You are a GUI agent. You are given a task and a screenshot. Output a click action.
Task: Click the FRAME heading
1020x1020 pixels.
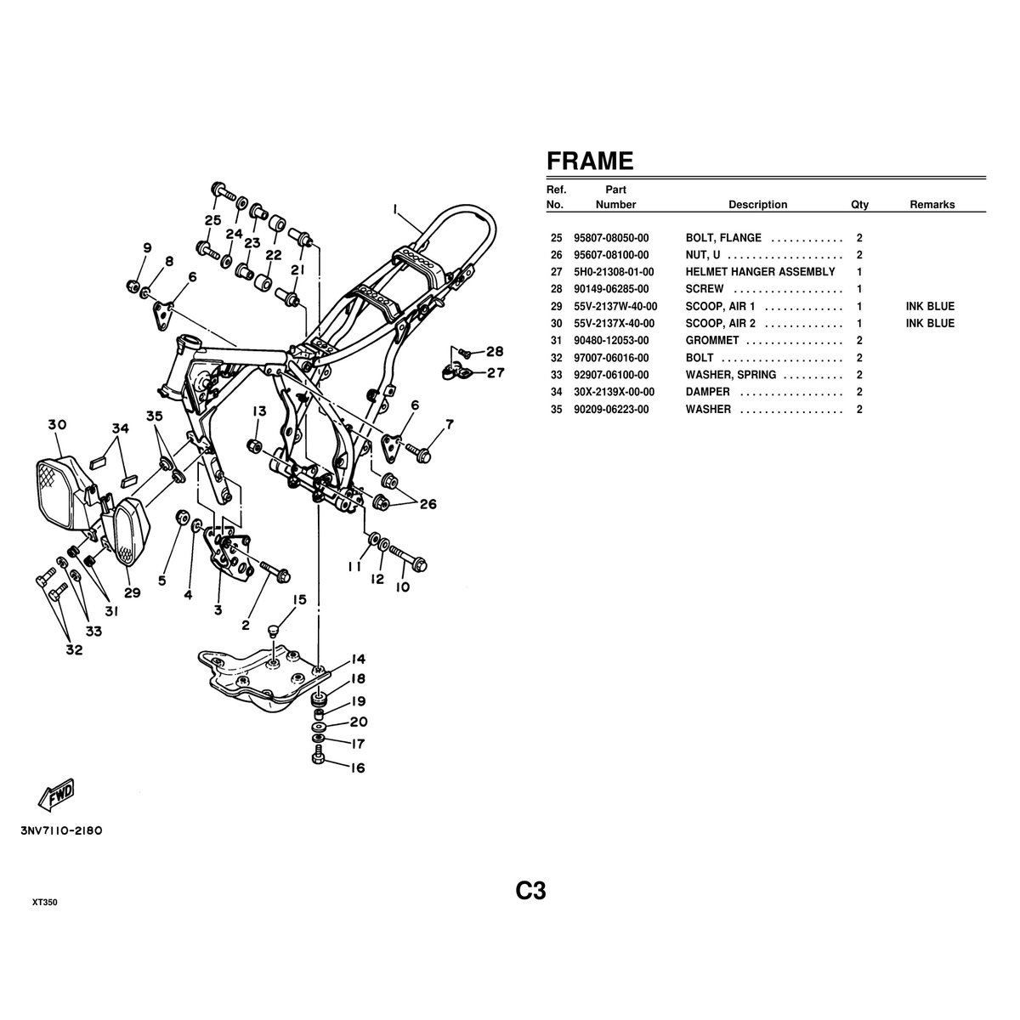point(589,161)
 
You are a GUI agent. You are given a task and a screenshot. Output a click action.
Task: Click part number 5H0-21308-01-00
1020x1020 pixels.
point(614,272)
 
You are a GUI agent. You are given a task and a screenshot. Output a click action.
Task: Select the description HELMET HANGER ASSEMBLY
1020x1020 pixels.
point(760,272)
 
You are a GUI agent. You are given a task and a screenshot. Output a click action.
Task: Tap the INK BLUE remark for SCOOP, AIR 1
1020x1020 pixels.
point(930,306)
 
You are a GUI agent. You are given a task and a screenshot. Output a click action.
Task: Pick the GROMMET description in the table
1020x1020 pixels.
point(711,341)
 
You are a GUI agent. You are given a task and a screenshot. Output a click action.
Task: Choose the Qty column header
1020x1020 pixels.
point(859,205)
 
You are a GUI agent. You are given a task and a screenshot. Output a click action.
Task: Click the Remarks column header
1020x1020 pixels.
point(932,205)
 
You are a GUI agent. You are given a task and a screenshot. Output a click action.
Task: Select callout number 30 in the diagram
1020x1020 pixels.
point(57,425)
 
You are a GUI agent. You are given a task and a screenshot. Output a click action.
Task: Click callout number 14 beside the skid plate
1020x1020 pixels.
point(357,659)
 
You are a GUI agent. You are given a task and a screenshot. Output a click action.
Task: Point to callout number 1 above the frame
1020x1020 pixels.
point(395,207)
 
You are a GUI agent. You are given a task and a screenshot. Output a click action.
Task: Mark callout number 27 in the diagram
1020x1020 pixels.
point(495,371)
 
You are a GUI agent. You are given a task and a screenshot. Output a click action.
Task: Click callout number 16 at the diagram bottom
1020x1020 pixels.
point(357,768)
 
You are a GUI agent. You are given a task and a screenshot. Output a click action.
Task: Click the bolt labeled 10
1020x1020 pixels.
point(411,562)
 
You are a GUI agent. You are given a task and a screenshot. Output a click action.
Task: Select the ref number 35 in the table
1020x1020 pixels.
point(557,409)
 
